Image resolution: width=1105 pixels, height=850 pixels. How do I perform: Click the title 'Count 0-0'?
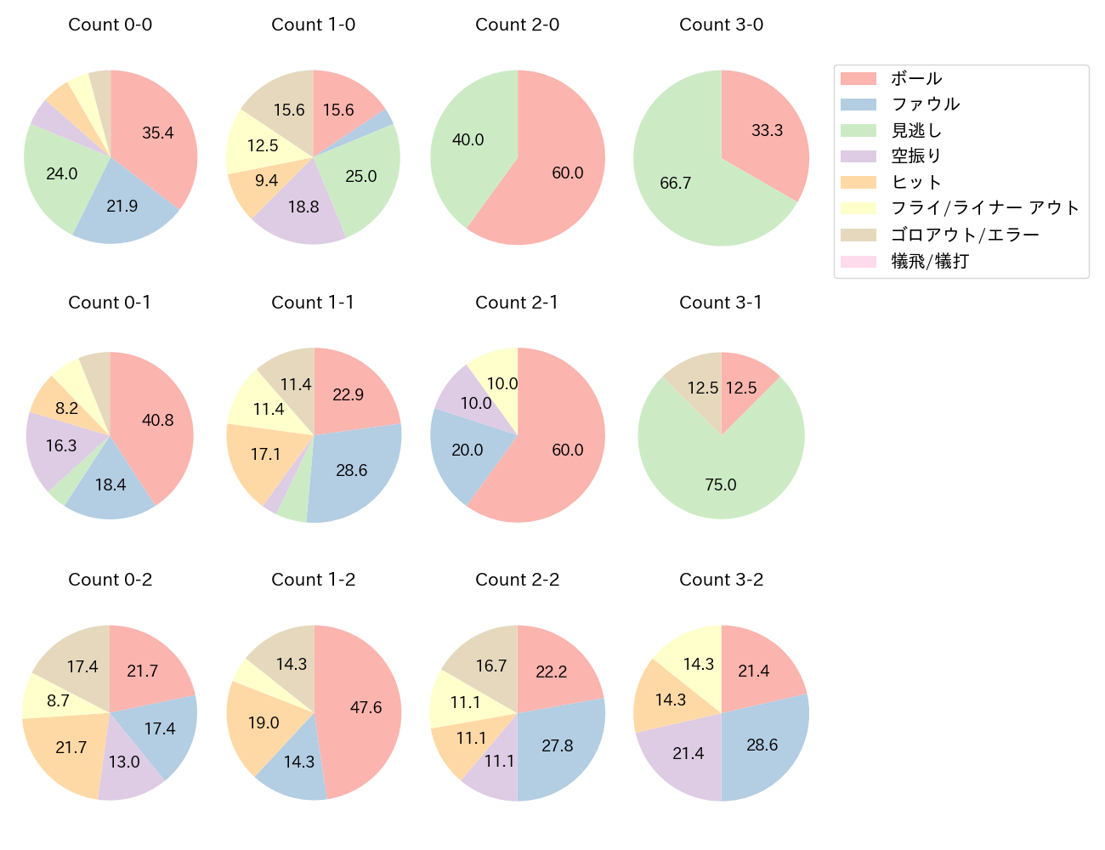tap(110, 25)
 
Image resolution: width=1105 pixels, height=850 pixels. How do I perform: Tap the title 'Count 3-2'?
tap(721, 580)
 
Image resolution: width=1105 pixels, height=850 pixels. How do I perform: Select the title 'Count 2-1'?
tap(517, 303)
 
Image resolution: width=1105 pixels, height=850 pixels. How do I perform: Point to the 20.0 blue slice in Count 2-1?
tap(466, 450)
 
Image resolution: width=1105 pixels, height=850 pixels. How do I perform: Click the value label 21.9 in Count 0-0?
tap(122, 206)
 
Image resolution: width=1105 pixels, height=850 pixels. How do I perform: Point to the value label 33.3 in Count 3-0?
tap(767, 130)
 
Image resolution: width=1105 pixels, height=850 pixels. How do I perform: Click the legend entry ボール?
tap(916, 78)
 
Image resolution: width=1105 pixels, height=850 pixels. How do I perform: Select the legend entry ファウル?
tap(925, 105)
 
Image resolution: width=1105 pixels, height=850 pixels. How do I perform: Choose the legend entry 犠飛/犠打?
tap(929, 261)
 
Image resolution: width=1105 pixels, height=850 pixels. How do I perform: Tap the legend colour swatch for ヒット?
tap(858, 183)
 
